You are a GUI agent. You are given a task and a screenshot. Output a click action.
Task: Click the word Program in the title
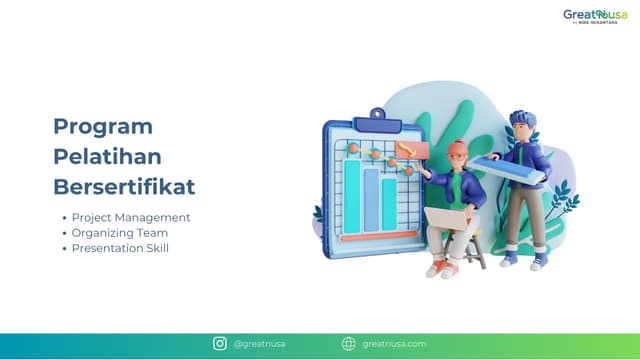tap(102, 127)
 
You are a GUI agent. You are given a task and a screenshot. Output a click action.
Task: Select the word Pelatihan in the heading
tap(107, 157)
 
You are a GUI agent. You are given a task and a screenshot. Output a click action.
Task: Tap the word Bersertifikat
tap(124, 187)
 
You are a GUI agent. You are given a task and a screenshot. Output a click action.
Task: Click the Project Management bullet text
tap(130, 217)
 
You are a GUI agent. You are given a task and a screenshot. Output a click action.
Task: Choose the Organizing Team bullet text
tap(121, 232)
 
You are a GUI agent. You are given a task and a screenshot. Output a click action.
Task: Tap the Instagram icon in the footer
tap(220, 344)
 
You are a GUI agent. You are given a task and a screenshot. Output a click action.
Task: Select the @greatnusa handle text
tap(259, 344)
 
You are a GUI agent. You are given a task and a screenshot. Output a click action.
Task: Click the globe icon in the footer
tap(348, 344)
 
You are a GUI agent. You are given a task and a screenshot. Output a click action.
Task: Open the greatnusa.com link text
tap(394, 344)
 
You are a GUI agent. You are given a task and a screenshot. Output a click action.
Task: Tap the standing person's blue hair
tap(523, 121)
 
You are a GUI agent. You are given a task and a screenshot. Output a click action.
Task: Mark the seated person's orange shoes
tap(438, 269)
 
